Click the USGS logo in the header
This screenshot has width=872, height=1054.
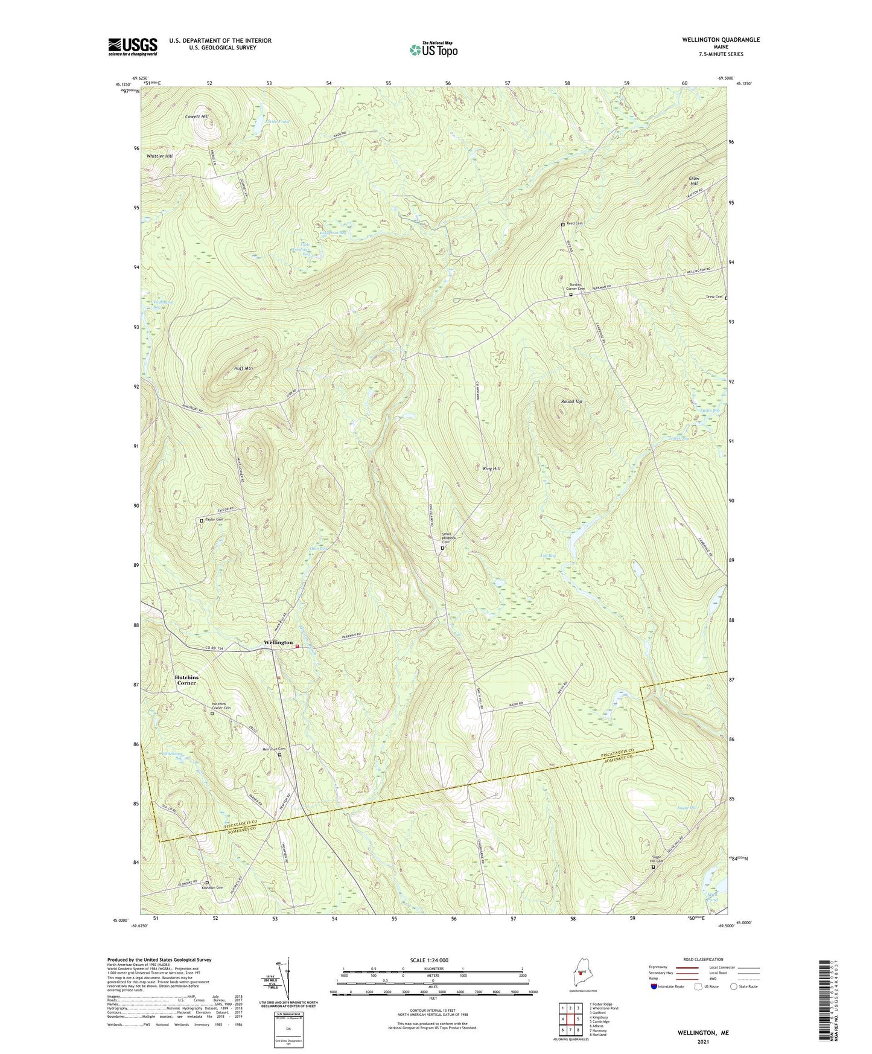[133, 46]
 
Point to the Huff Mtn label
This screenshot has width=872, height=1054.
[243, 368]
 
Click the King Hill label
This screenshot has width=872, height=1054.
[492, 468]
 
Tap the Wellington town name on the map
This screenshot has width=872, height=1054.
[278, 642]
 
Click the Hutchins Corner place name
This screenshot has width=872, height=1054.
[186, 680]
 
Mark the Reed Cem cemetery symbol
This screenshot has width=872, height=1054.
[563, 225]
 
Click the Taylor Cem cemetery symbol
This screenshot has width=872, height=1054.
[202, 520]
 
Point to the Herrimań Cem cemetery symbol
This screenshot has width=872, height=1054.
[279, 755]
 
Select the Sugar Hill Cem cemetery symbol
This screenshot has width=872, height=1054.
[653, 867]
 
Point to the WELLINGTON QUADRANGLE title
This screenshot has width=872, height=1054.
[712, 40]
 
